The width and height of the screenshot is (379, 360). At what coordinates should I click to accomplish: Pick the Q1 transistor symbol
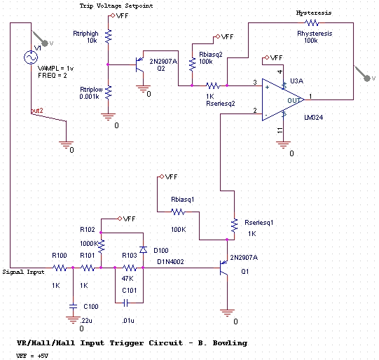[x=224, y=268]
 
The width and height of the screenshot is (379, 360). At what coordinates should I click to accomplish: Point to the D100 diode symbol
[x=143, y=249]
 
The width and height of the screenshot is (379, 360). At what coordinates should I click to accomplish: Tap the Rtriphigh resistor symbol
[x=109, y=36]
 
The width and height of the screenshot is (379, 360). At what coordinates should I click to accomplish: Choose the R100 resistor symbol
[x=60, y=268]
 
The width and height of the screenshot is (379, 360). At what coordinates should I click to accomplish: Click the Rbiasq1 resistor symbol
[x=179, y=212]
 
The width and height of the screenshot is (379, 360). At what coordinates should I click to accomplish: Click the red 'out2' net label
[x=36, y=111]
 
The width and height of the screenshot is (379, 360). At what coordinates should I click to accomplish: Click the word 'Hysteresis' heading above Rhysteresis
[x=314, y=13]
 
